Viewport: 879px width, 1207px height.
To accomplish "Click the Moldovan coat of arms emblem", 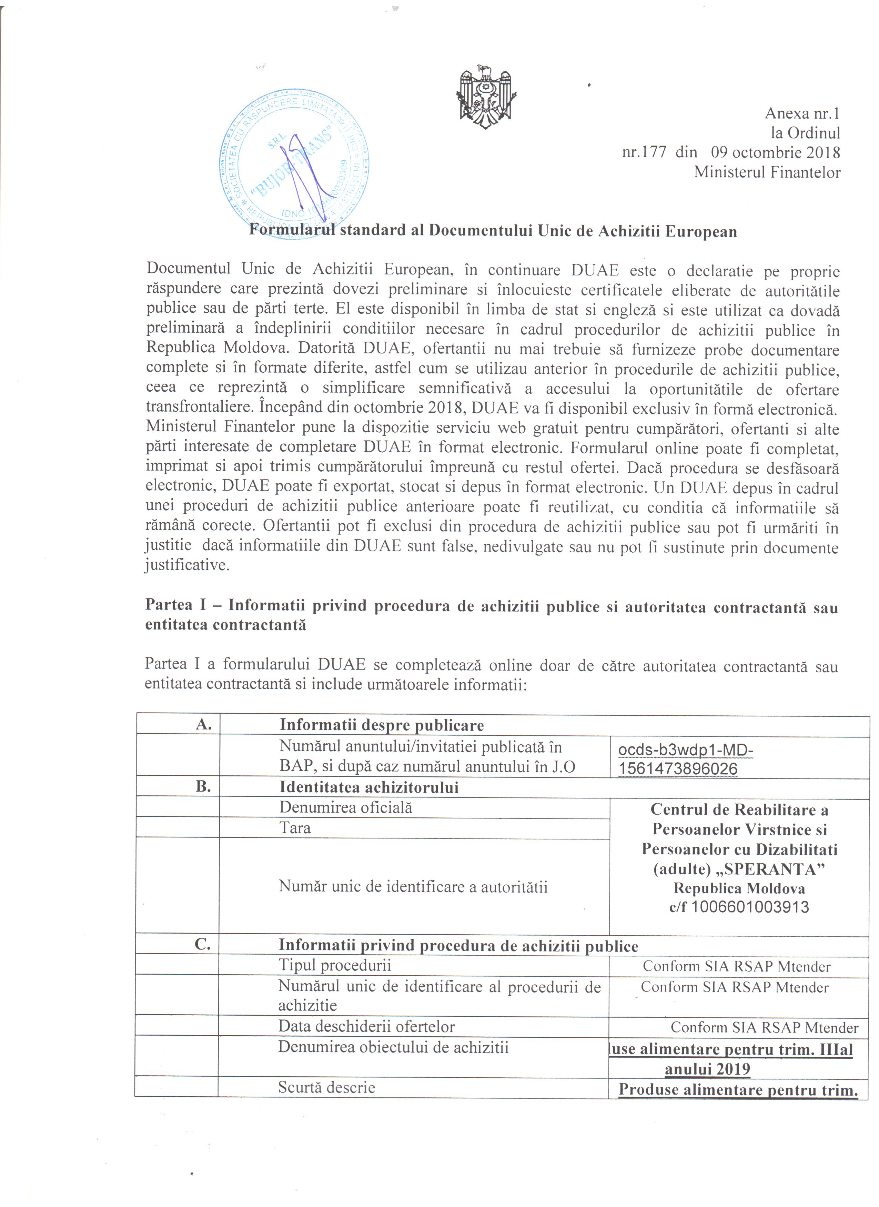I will pyautogui.click(x=486, y=97).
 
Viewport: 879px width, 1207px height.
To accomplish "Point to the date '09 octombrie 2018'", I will pyautogui.click(x=776, y=153).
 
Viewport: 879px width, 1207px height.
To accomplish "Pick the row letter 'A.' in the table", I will pyautogui.click(x=204, y=724).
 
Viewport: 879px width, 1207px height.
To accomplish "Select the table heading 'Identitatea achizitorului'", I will pyautogui.click(x=369, y=787).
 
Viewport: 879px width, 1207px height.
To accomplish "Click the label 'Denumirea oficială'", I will pyautogui.click(x=345, y=807).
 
